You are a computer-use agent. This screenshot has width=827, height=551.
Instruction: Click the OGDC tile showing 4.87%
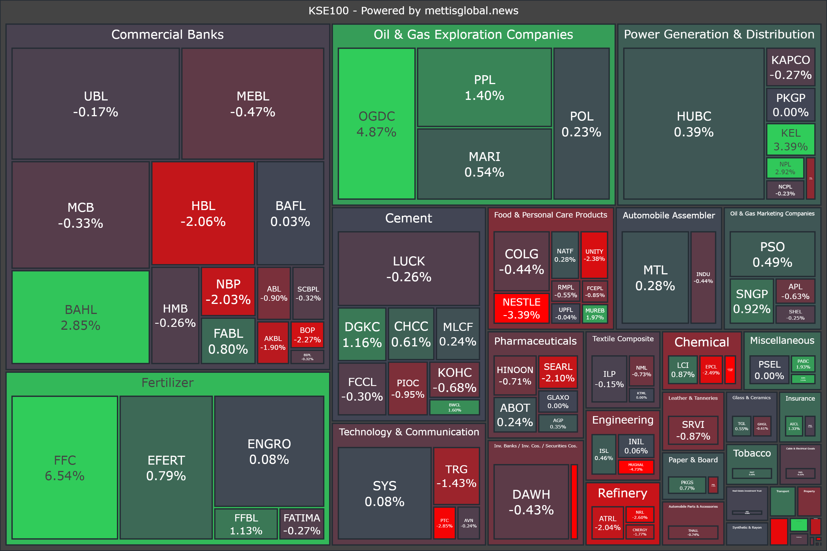click(376, 124)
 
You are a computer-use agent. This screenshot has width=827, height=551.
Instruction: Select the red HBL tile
click(203, 213)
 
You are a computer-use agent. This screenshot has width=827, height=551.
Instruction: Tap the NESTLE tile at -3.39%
click(521, 308)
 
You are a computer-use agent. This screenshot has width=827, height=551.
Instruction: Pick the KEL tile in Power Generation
click(791, 139)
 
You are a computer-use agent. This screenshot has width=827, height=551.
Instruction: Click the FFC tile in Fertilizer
click(65, 467)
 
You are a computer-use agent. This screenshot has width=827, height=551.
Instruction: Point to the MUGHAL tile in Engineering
click(636, 467)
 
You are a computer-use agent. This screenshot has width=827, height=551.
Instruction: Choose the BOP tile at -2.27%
click(307, 335)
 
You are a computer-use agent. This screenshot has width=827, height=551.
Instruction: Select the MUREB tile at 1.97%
click(595, 314)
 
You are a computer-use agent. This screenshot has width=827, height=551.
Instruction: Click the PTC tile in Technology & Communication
click(445, 523)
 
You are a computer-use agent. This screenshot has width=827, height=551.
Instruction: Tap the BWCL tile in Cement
click(454, 407)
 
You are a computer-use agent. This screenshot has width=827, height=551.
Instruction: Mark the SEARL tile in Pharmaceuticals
click(558, 372)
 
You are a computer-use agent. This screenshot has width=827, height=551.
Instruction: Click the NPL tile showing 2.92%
click(785, 168)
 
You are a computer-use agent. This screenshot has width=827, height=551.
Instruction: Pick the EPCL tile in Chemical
click(711, 370)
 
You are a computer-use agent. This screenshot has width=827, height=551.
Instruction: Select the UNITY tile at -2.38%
click(594, 255)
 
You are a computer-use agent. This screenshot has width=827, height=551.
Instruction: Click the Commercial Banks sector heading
click(167, 34)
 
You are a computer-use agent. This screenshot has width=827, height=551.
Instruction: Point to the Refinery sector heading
click(622, 493)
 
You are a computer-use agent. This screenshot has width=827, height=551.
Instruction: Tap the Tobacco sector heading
click(752, 453)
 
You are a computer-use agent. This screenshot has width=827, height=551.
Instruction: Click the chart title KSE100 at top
click(413, 11)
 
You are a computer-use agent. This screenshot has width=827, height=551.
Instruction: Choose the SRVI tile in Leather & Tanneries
click(693, 430)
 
